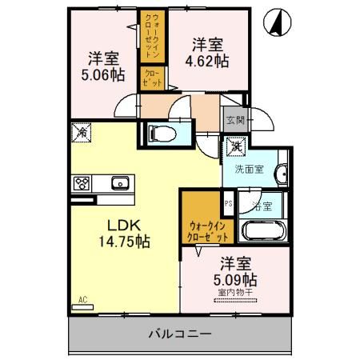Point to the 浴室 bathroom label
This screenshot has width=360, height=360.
[262, 205]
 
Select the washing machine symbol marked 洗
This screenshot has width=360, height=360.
[237, 146]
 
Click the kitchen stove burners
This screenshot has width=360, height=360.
[82, 183]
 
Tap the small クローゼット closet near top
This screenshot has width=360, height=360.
[152, 78]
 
